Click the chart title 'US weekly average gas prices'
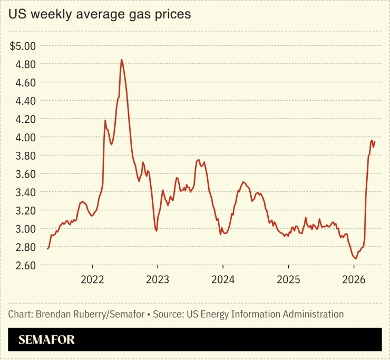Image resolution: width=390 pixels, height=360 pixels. click(x=99, y=15)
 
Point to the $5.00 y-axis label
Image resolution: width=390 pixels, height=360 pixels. click(x=22, y=46)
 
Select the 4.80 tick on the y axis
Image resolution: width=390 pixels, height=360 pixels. click(x=25, y=64)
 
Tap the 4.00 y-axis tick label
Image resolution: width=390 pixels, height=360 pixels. click(x=25, y=137)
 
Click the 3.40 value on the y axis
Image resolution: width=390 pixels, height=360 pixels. click(x=25, y=192)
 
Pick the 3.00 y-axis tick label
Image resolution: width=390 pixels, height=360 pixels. click(x=25, y=229)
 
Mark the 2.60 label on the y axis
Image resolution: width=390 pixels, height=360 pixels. click(x=25, y=265)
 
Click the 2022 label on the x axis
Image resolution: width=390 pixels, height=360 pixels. click(x=93, y=279)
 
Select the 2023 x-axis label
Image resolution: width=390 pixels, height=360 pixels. click(x=158, y=279)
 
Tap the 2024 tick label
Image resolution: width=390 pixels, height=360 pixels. click(x=223, y=279)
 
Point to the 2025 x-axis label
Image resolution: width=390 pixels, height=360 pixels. click(x=288, y=279)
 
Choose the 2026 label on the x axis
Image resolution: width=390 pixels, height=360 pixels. click(x=354, y=279)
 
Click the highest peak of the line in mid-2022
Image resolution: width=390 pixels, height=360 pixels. click(x=122, y=60)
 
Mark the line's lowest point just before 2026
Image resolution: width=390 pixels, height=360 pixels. click(x=356, y=258)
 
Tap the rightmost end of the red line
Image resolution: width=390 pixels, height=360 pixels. click(x=375, y=141)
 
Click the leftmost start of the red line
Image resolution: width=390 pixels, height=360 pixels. click(x=47, y=249)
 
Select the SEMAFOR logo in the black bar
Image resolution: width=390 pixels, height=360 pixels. click(x=46, y=340)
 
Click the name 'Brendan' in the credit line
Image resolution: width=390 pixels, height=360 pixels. click(x=54, y=315)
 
